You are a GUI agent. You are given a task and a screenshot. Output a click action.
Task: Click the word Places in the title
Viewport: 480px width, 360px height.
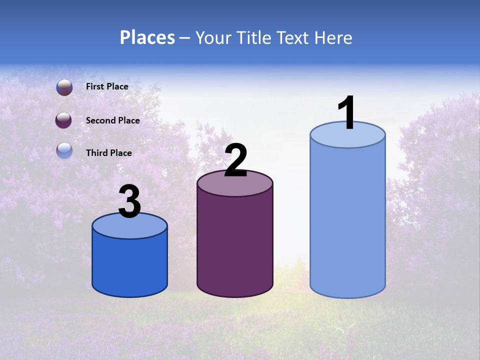click(147, 37)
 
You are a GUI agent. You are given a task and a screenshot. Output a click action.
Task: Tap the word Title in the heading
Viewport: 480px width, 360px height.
click(253, 37)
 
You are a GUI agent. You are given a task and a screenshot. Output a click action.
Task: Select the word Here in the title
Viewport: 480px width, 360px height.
click(334, 37)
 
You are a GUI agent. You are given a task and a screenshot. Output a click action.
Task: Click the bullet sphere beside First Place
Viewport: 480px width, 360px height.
click(64, 87)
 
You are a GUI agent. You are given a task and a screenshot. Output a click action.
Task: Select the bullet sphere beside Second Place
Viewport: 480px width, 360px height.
click(63, 120)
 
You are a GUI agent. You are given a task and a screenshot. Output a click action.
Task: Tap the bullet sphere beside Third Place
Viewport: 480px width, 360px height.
click(64, 150)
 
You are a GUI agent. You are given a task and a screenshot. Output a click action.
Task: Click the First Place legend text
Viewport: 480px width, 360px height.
click(107, 86)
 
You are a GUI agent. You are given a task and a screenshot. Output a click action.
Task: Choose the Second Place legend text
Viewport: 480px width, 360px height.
click(112, 120)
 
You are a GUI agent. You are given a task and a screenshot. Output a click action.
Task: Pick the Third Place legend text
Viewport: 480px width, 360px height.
click(108, 153)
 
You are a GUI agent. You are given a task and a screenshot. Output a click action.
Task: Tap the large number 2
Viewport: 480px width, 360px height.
click(235, 160)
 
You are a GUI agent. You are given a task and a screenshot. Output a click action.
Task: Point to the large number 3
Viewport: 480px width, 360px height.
click(129, 202)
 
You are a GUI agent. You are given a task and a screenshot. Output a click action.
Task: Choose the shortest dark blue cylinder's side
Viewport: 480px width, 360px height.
click(130, 265)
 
